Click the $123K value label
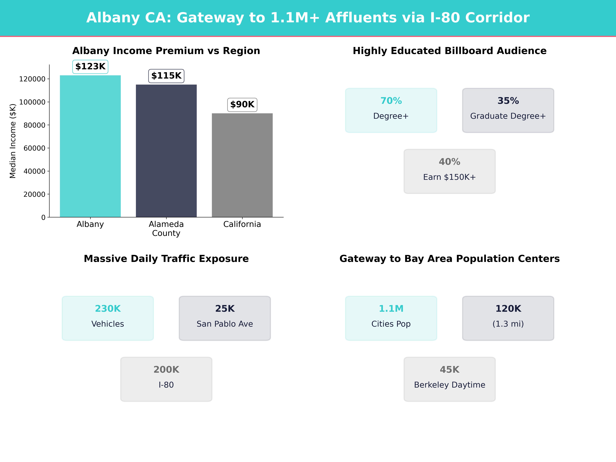coord(90,67)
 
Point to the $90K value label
coord(242,105)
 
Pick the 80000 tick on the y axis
coord(34,125)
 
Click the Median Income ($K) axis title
coord(13,141)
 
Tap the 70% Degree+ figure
coord(391,101)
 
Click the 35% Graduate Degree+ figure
coord(508,101)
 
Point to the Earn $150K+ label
coord(449,177)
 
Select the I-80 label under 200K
coord(166,385)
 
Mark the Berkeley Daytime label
coord(449,385)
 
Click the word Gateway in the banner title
coord(210,18)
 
